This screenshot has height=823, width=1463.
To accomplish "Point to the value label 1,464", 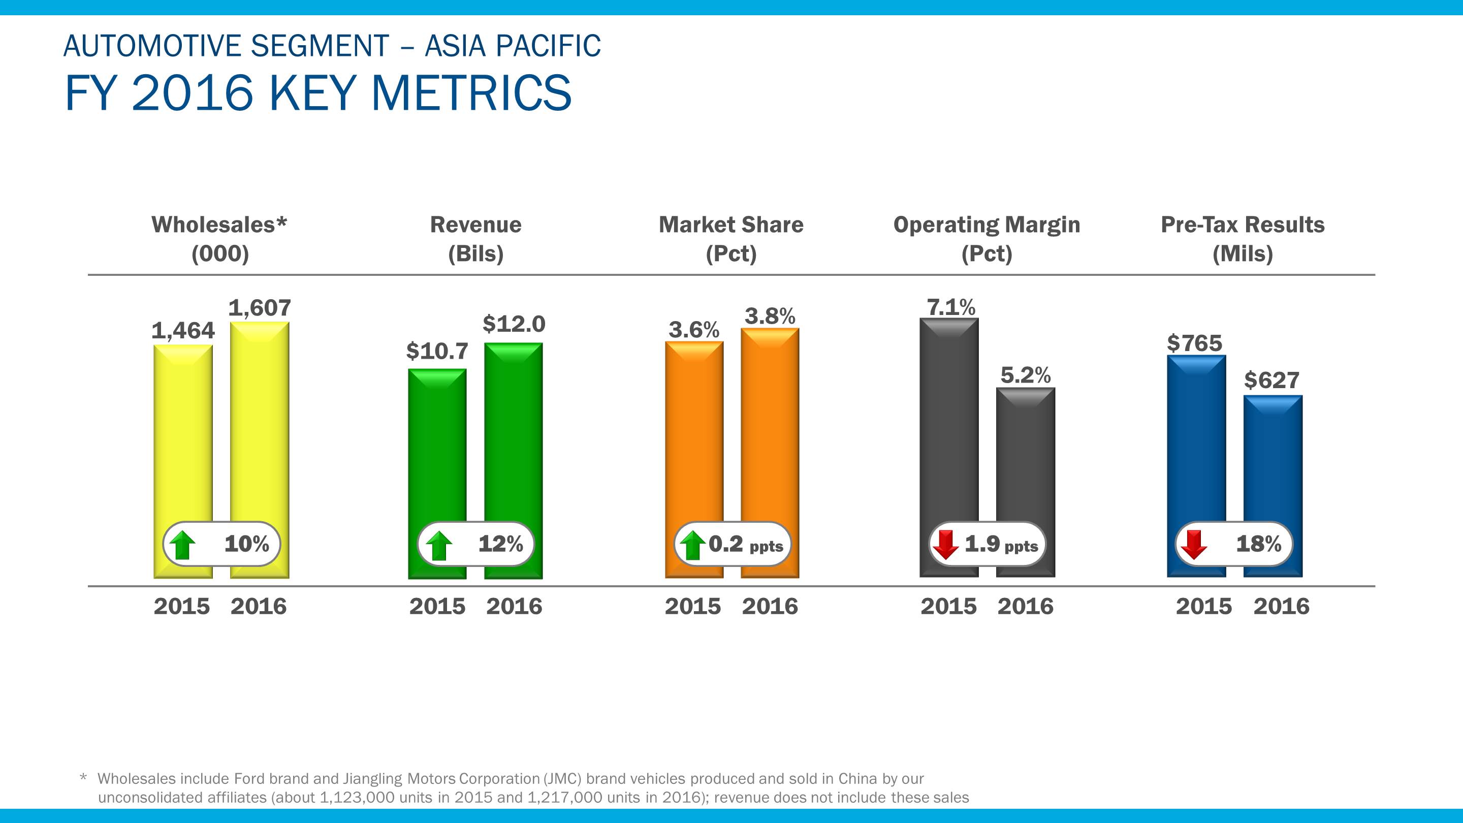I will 183,331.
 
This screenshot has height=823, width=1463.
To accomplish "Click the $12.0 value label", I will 514,324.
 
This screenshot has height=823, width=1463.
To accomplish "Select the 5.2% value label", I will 1025,375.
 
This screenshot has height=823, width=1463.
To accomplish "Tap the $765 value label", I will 1194,343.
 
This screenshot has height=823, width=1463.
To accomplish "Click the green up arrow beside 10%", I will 183,545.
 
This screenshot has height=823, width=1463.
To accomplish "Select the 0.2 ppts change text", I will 745,545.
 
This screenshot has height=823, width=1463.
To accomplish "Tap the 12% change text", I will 500,544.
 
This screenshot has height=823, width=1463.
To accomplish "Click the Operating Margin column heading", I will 987,225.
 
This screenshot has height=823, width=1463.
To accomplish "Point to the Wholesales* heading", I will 219,225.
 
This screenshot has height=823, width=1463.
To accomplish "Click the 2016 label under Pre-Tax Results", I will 1281,607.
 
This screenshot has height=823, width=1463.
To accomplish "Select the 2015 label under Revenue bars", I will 437,607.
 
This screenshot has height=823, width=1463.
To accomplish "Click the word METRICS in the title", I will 471,93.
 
